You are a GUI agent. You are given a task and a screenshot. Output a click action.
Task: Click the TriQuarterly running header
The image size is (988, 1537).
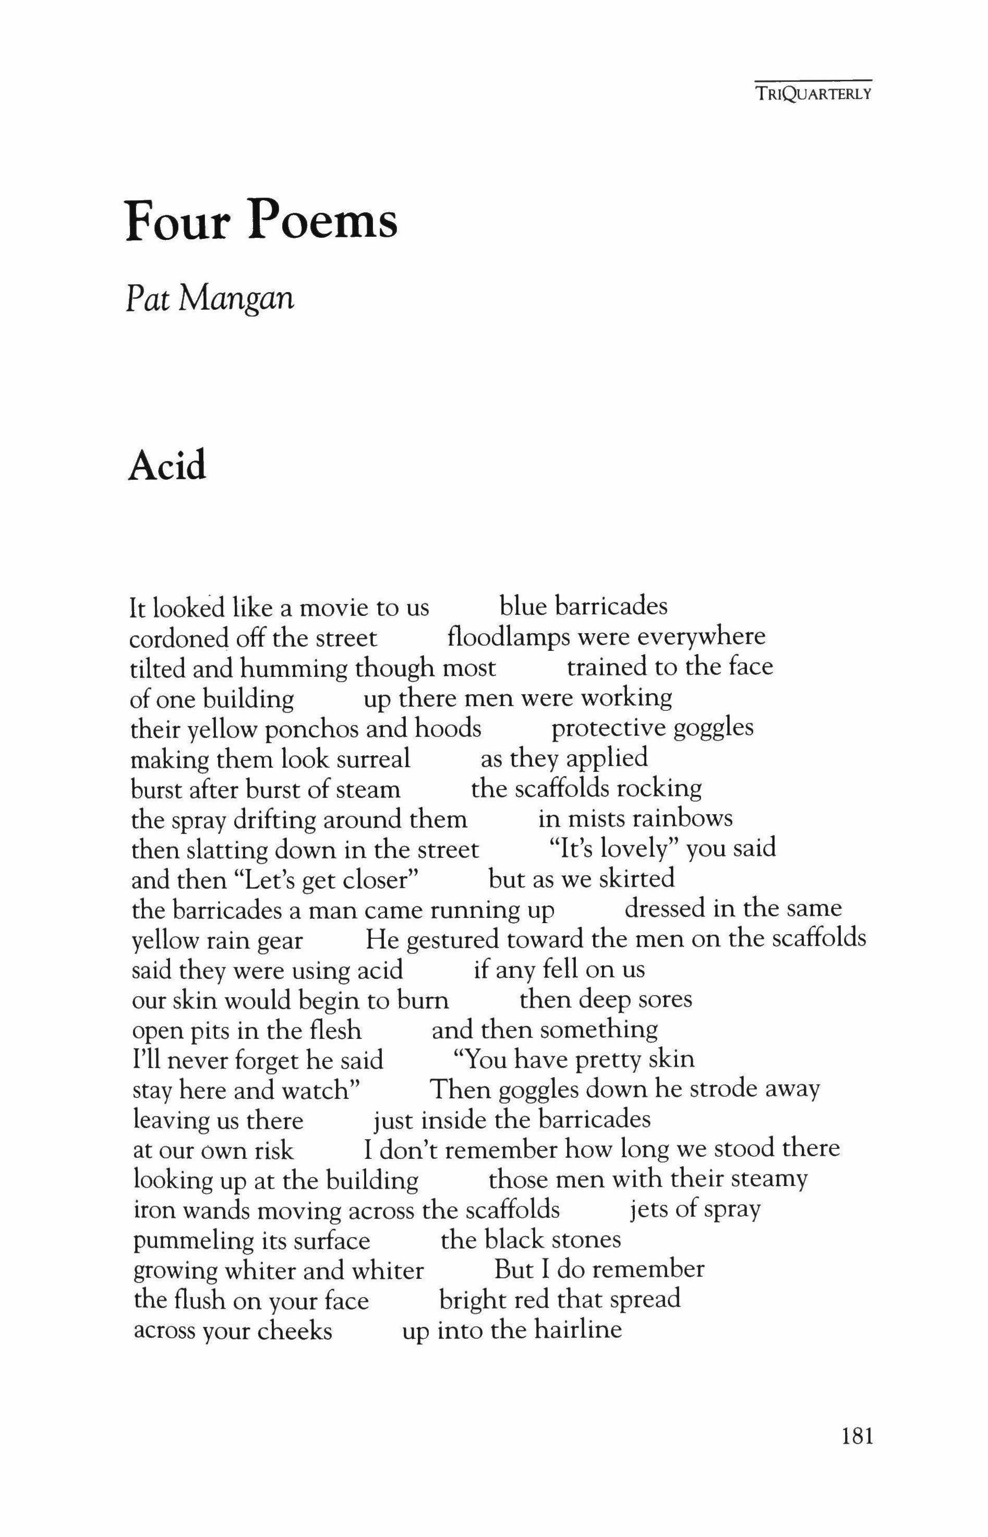[x=813, y=94]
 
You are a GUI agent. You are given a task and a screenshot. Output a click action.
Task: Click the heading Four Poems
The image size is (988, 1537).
[x=262, y=221]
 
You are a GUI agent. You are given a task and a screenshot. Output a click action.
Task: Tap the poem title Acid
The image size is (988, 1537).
[x=167, y=466]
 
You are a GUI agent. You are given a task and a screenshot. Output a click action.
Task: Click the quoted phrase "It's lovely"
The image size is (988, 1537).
[x=615, y=849]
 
